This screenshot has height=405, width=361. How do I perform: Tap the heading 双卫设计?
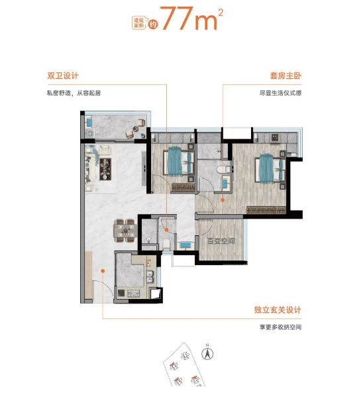[x=63, y=76]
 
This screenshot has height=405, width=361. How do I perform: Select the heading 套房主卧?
[x=285, y=76]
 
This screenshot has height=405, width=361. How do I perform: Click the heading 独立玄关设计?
[x=278, y=310]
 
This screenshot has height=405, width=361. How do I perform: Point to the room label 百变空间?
[x=221, y=241]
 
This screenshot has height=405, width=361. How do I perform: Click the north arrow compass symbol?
[x=207, y=353]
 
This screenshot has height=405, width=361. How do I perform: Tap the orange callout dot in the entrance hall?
[x=103, y=271]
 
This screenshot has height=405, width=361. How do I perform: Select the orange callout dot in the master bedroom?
[x=223, y=200]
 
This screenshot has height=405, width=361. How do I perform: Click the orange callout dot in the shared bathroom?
[x=167, y=230]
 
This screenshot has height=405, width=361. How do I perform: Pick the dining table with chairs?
[x=125, y=231]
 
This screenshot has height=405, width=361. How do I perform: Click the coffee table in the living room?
[x=105, y=169]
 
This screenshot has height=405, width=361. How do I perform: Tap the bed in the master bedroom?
[x=270, y=168]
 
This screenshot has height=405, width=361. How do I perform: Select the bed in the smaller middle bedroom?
[x=179, y=161]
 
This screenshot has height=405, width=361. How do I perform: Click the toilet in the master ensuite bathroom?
[x=223, y=170]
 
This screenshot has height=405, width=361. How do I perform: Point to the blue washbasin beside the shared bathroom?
[x=185, y=245]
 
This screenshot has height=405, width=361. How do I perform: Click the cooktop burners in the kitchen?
[x=134, y=293]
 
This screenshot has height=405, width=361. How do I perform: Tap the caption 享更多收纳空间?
[x=280, y=327]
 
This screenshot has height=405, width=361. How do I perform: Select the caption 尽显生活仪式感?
[x=280, y=93]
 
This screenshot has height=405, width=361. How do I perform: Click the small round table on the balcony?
[x=136, y=128]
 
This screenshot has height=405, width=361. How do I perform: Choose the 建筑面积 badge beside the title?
[x=139, y=23]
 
